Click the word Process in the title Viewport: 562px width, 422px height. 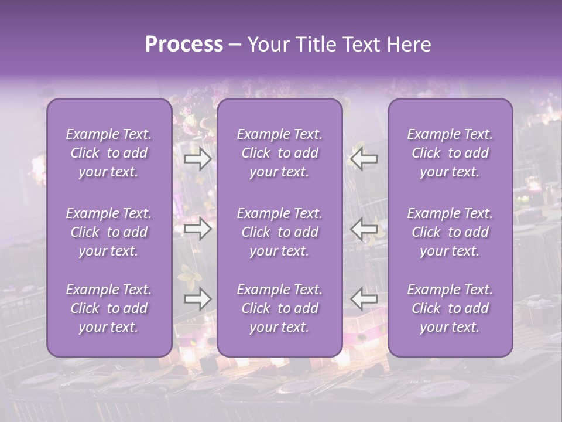pos(184,45)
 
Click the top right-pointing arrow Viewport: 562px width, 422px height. pos(197,159)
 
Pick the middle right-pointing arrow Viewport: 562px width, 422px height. pos(197,229)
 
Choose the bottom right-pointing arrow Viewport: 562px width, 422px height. pos(197,299)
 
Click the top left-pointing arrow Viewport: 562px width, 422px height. pos(364,159)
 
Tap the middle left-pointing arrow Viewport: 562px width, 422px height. pos(364,229)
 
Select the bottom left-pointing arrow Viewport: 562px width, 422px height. pos(364,299)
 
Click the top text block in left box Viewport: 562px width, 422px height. pos(109,153)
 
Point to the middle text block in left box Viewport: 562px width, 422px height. pos(109,232)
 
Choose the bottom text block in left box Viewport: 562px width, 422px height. pos(109,308)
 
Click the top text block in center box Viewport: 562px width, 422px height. pos(280,153)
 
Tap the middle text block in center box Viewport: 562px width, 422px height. pos(280,232)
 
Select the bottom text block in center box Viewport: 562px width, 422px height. pos(280,308)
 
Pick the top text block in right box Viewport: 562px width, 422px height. pos(450,153)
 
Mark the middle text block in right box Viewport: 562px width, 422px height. pos(450,232)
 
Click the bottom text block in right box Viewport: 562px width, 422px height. pos(450,308)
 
